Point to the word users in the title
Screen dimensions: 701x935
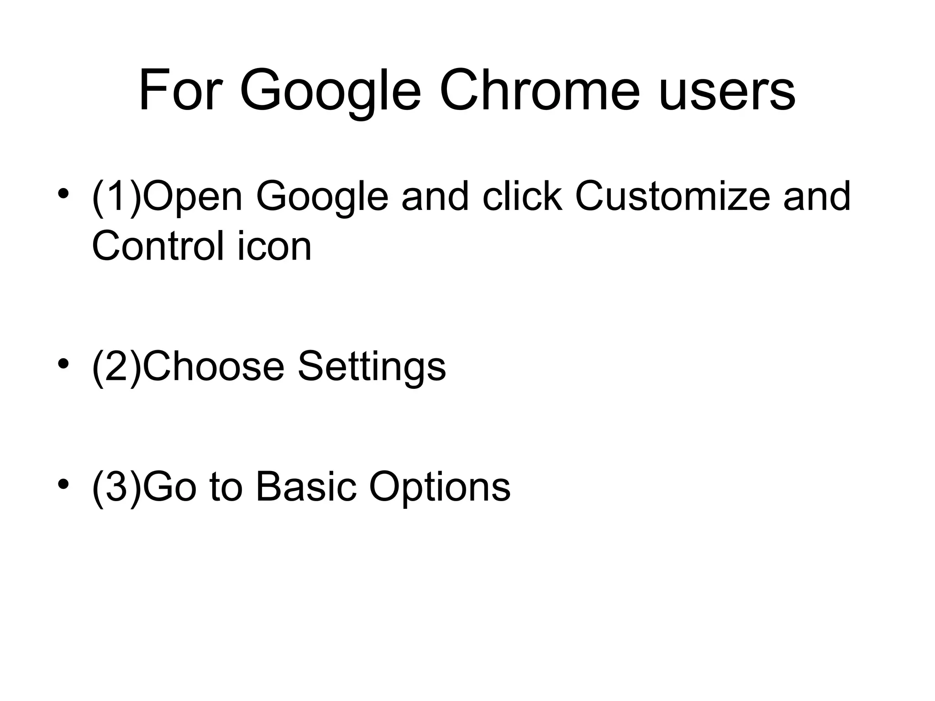point(727,91)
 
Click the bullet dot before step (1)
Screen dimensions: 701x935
point(63,194)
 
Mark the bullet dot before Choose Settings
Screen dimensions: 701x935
point(63,364)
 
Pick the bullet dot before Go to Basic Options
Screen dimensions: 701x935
point(63,484)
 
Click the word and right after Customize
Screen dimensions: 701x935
point(817,196)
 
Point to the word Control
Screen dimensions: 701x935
point(158,246)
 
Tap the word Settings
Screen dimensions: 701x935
point(372,367)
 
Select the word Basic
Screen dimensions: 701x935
point(306,487)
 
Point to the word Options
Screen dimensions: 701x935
point(440,487)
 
